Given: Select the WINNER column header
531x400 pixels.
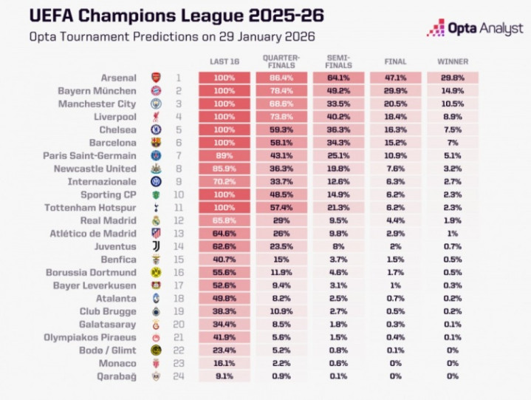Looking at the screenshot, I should click(452, 61).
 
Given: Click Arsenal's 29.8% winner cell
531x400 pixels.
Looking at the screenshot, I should click(452, 78).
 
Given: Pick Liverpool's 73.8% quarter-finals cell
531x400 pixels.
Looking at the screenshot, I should click(281, 117).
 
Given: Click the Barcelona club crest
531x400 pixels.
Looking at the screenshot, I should click(155, 143).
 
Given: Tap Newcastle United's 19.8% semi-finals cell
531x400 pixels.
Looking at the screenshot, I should click(338, 169).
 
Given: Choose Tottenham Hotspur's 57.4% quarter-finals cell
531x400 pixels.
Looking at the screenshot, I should click(281, 208).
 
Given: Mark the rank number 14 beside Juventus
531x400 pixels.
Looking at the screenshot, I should click(178, 247).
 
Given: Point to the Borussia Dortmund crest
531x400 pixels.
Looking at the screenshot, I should click(155, 273).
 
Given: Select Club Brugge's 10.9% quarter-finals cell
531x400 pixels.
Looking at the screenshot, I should click(281, 311).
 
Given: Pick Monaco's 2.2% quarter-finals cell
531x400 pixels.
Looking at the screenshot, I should click(281, 364).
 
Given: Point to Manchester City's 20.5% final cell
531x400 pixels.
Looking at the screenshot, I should click(395, 104).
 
